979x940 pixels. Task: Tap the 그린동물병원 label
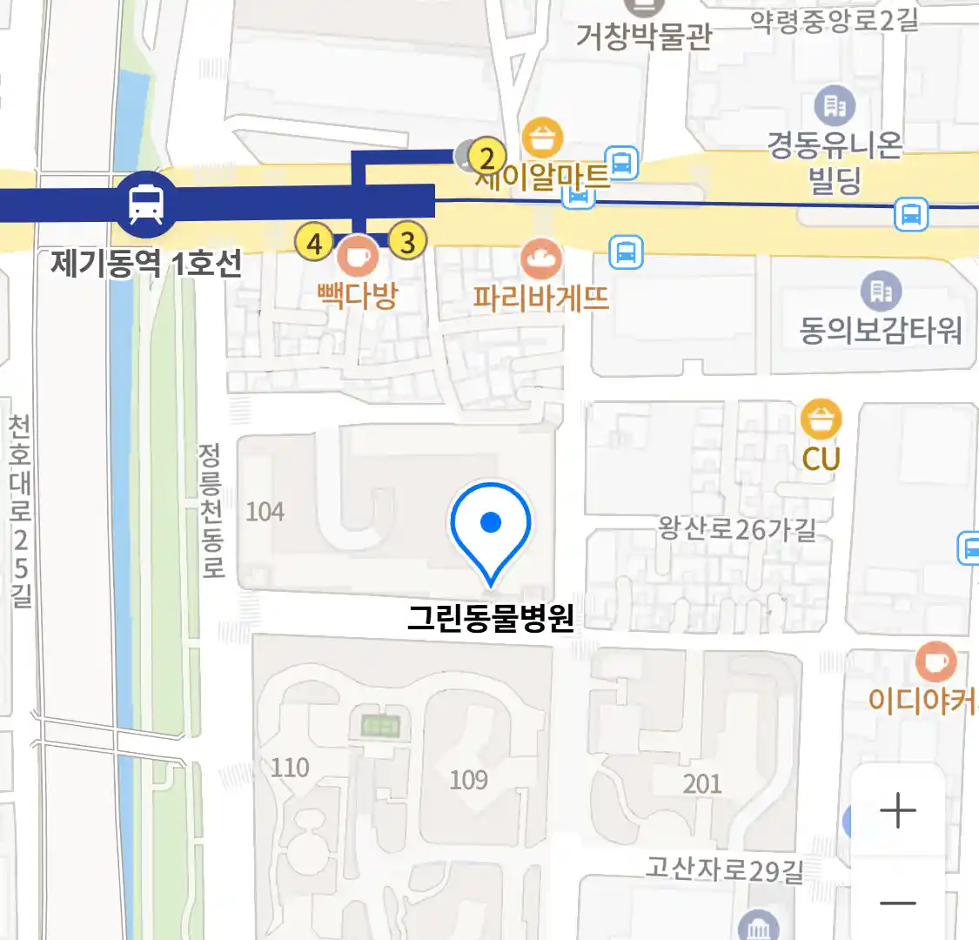click(x=491, y=617)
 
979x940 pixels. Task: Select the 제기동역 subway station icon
click(x=146, y=203)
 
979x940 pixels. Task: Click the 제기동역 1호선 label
click(x=146, y=262)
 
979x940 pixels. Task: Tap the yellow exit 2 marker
click(x=487, y=158)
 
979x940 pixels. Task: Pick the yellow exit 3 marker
click(x=407, y=241)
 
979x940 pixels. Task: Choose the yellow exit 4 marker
click(x=314, y=243)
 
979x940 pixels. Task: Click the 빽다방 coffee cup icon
click(x=358, y=256)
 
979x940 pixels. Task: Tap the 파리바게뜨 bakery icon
click(x=541, y=258)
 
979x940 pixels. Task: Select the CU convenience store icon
click(x=821, y=420)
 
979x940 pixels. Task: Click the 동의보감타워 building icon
click(x=881, y=291)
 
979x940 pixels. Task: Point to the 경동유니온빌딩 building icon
click(x=835, y=106)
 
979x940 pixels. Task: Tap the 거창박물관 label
click(x=644, y=37)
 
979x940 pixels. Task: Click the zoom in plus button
click(x=897, y=810)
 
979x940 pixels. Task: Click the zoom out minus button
click(x=897, y=903)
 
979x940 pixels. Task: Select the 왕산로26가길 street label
click(x=737, y=527)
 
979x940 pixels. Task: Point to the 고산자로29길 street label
click(x=724, y=869)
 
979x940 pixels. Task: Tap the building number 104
click(x=265, y=511)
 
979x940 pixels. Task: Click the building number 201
click(x=701, y=783)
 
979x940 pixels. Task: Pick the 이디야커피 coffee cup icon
click(x=935, y=663)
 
